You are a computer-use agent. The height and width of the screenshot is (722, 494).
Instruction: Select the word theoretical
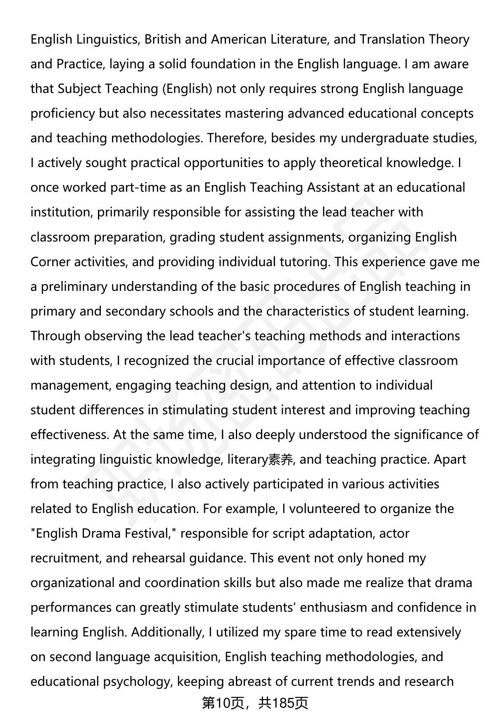point(351,163)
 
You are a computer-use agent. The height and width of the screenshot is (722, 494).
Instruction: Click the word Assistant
point(333,188)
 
